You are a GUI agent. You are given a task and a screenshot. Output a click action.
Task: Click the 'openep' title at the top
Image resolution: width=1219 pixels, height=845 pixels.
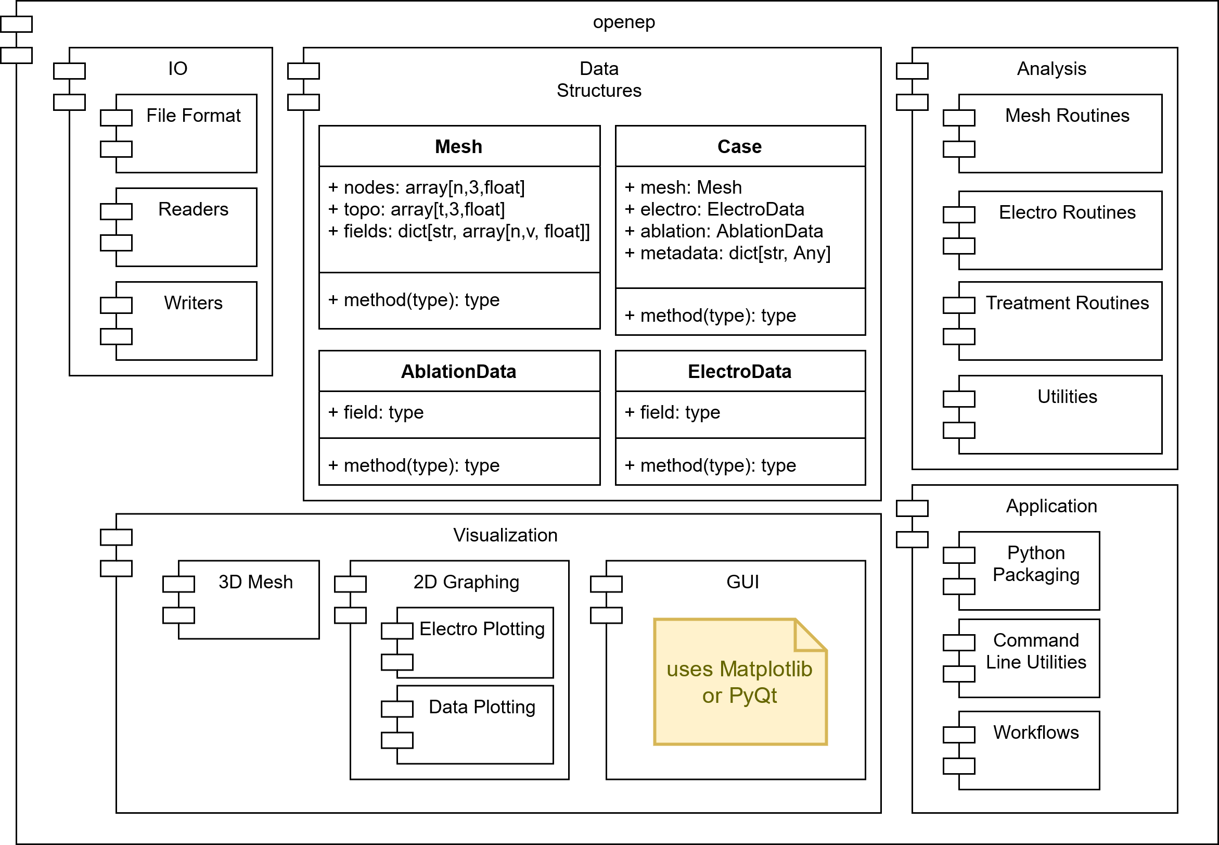coord(624,22)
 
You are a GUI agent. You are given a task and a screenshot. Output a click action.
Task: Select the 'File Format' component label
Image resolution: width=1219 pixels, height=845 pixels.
coord(193,116)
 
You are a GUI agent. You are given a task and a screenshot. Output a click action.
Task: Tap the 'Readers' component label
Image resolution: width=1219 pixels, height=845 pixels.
coord(193,209)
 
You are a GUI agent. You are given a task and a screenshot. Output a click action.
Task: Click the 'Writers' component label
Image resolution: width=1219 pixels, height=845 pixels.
coord(193,303)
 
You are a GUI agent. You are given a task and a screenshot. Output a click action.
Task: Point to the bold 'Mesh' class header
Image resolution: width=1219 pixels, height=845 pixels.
coord(458,147)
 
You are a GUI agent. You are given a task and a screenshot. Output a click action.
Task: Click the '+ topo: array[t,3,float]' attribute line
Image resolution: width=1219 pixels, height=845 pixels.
coord(416,210)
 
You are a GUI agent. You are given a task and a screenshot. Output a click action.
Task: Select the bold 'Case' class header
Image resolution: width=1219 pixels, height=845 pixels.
coord(739,147)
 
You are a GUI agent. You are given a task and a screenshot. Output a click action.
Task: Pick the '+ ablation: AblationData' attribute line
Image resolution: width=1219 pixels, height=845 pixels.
coord(723,231)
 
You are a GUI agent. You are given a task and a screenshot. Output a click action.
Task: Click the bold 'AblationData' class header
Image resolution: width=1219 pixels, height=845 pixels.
coord(458,372)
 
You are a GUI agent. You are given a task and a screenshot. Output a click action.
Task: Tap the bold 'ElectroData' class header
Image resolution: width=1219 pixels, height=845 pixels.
coord(739,372)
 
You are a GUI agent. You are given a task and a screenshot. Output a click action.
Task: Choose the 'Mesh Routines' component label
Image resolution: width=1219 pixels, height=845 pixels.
coord(1067,116)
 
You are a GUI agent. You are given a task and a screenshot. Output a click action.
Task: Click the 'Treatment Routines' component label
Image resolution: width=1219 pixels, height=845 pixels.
coord(1067,303)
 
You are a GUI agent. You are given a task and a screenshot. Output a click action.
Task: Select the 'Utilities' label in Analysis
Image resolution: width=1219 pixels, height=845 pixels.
coord(1067,397)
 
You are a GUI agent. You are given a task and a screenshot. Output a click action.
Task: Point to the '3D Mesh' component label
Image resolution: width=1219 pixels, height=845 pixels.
coord(255,582)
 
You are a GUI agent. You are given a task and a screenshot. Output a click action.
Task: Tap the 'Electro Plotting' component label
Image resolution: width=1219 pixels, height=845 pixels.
coord(481,629)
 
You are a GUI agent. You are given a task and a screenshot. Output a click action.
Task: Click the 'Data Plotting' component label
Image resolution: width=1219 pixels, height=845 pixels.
coord(481,707)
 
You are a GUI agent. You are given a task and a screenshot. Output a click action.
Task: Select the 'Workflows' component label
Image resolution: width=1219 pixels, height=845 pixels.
coord(1035,732)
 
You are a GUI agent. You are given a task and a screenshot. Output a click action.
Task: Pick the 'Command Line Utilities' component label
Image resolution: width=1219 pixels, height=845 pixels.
coord(1035,651)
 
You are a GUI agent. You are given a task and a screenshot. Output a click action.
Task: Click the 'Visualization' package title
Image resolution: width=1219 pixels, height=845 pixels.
coord(505,535)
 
